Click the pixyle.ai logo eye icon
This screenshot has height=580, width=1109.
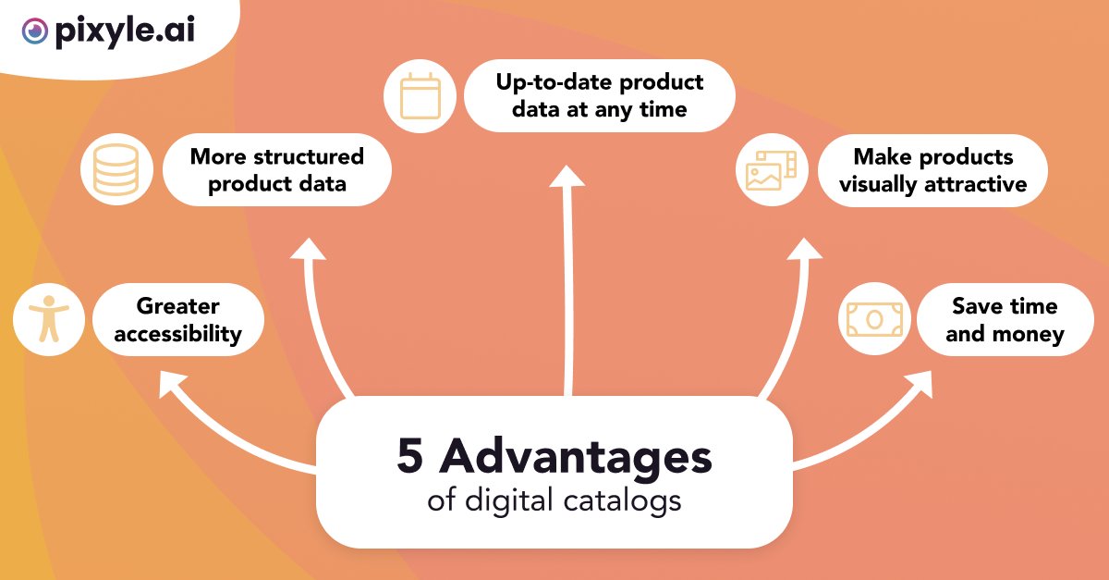point(35,32)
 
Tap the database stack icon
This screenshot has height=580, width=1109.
point(116,169)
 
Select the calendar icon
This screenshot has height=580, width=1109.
point(420,95)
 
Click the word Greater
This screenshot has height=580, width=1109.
point(177,306)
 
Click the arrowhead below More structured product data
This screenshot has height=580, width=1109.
point(310,250)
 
